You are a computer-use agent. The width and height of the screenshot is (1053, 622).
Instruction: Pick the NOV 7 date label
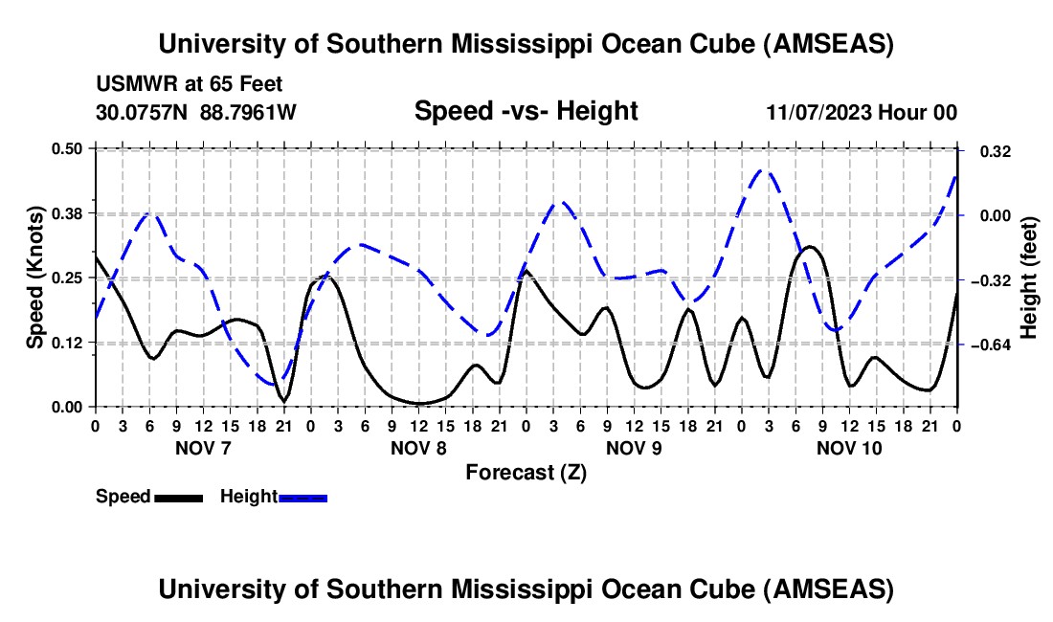tap(202, 447)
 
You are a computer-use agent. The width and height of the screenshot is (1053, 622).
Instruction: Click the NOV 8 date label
tap(417, 447)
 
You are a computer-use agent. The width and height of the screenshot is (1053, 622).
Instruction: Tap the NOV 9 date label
tap(634, 447)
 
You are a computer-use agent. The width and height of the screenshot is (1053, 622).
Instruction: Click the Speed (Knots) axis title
tap(34, 277)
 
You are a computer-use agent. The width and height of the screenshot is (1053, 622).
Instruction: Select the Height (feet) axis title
tap(1028, 277)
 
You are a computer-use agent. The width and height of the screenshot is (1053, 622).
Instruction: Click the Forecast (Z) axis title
tap(526, 472)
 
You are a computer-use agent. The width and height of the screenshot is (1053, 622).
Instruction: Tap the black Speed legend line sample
tap(178, 498)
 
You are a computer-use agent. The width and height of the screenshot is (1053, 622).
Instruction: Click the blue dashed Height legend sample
tap(302, 498)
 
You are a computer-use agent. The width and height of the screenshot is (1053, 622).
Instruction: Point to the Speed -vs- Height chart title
tap(526, 111)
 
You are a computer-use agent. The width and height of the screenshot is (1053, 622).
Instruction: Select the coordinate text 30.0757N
tap(144, 113)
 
